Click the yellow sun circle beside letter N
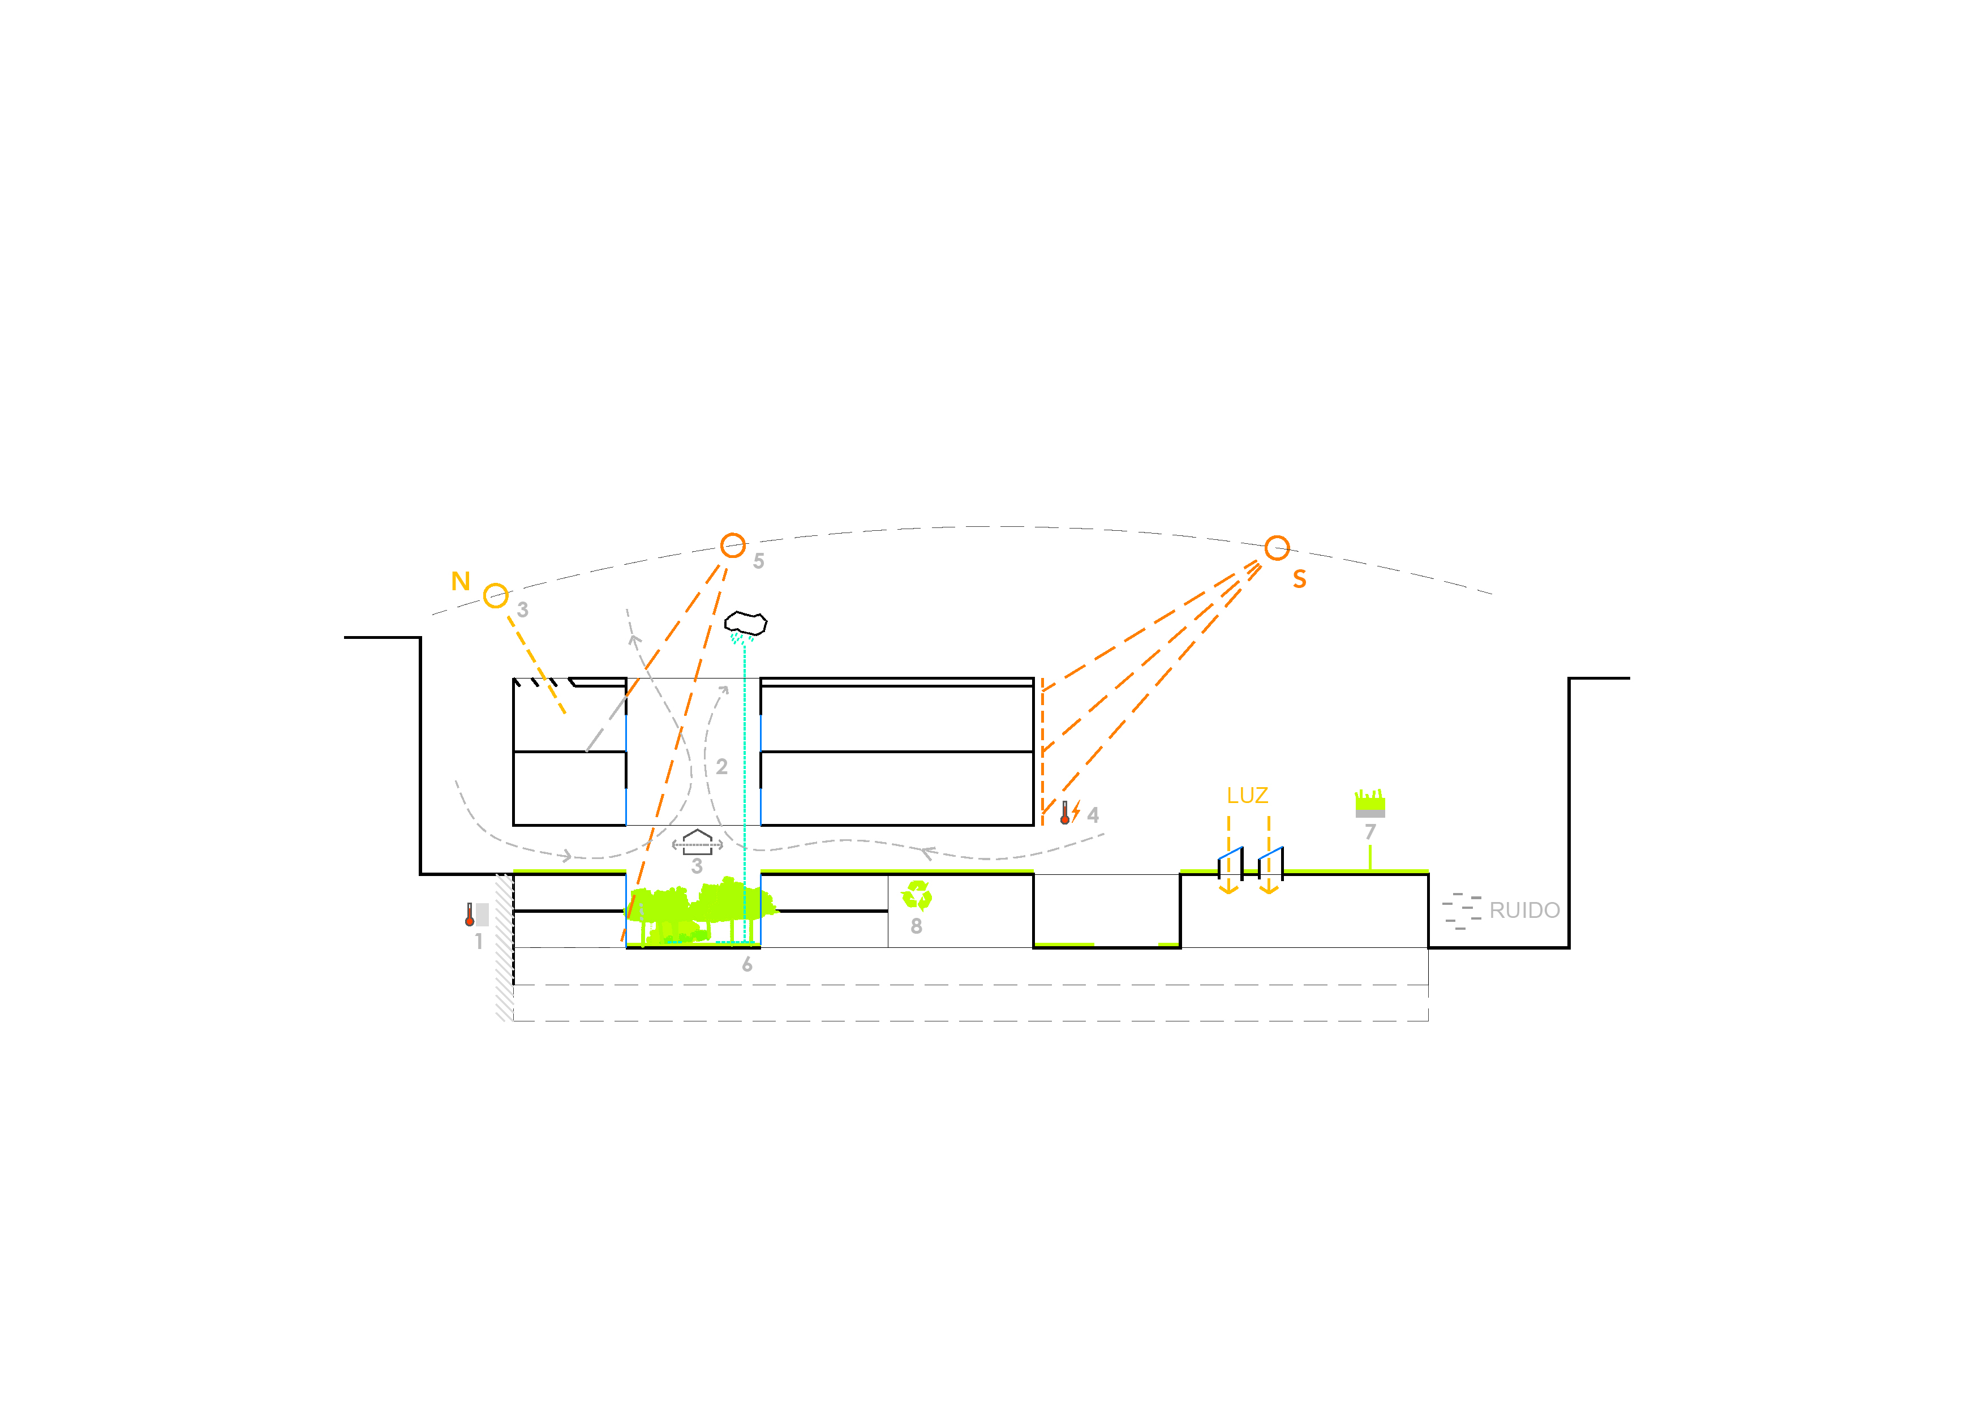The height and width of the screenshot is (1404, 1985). pyautogui.click(x=495, y=596)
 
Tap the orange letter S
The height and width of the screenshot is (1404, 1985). pyautogui.click(x=1299, y=579)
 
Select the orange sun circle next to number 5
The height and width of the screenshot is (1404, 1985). pyautogui.click(x=733, y=546)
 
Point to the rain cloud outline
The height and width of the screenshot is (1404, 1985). pyautogui.click(x=745, y=623)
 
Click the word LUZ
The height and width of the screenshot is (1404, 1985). pyautogui.click(x=1247, y=795)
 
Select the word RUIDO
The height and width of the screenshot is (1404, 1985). pyautogui.click(x=1524, y=911)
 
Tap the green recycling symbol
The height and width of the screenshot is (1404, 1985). pyautogui.click(x=917, y=896)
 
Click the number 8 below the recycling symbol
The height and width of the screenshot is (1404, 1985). pyautogui.click(x=917, y=926)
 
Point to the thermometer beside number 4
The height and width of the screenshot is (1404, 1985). pyautogui.click(x=1065, y=813)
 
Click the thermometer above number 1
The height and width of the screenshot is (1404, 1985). pyautogui.click(x=470, y=914)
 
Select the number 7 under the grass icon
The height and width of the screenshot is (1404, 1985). pyautogui.click(x=1369, y=832)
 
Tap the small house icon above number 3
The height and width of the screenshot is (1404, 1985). pyautogui.click(x=697, y=841)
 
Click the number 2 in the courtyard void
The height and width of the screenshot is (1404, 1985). pyautogui.click(x=722, y=767)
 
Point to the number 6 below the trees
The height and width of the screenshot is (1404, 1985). pyautogui.click(x=747, y=965)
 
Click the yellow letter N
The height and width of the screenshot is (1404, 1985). pyautogui.click(x=461, y=582)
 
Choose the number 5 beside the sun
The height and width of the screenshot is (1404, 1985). pyautogui.click(x=758, y=561)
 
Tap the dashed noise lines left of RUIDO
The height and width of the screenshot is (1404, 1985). pyautogui.click(x=1461, y=911)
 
